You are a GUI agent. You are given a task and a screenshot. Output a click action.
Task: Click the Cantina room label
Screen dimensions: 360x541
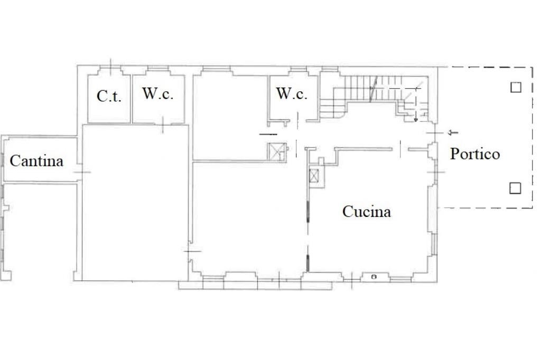(x=36, y=160)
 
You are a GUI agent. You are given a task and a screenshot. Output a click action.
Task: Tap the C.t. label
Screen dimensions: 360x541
(x=109, y=96)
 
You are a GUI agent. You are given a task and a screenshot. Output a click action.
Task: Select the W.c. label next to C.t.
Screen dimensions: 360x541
(x=157, y=94)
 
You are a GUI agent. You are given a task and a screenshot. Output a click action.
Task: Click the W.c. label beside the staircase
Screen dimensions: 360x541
(x=292, y=94)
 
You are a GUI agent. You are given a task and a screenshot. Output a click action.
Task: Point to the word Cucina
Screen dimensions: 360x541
(x=367, y=212)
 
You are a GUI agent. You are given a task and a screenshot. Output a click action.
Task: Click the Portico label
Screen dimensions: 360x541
(x=474, y=154)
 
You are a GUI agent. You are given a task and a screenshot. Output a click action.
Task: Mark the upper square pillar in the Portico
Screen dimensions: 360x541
(x=516, y=87)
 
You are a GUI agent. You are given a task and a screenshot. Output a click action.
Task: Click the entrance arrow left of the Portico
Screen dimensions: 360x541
(x=453, y=132)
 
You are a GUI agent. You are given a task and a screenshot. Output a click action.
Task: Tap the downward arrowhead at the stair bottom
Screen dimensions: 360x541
(x=416, y=120)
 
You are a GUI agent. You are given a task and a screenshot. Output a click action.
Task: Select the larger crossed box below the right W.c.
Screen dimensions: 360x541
(x=276, y=151)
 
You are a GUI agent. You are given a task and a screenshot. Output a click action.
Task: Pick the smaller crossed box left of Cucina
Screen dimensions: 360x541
(x=315, y=175)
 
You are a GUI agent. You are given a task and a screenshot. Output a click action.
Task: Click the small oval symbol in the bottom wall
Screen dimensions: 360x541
(x=374, y=277)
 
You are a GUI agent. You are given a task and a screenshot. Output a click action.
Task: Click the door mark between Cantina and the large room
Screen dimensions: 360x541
(x=81, y=172)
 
